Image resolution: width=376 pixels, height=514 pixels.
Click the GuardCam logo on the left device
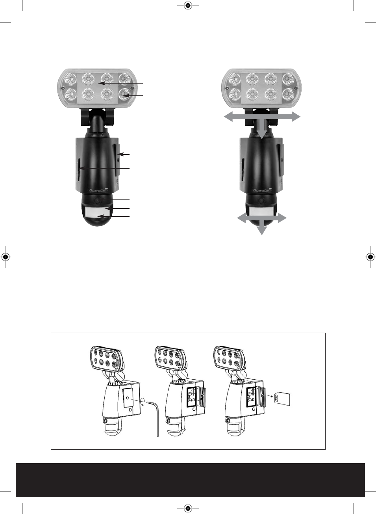[98, 190]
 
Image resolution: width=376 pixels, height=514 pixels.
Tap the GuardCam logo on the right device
[262, 190]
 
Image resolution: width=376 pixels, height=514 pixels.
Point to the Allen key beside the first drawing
[154, 418]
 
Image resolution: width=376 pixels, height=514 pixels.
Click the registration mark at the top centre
[188, 5]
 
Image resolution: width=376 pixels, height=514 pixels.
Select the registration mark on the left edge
[6, 257]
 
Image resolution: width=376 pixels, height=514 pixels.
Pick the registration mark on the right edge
[370, 257]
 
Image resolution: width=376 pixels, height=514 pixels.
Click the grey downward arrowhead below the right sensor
[261, 230]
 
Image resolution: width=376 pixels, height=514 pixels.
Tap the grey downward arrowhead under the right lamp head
[261, 134]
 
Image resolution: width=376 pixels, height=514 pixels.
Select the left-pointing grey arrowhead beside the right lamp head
[229, 117]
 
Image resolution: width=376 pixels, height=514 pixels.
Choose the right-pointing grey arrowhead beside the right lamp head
[295, 117]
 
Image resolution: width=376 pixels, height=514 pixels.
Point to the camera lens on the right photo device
[261, 201]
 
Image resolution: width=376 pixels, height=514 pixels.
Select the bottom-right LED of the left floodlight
[125, 94]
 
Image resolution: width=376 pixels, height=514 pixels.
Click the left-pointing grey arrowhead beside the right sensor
[241, 218]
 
